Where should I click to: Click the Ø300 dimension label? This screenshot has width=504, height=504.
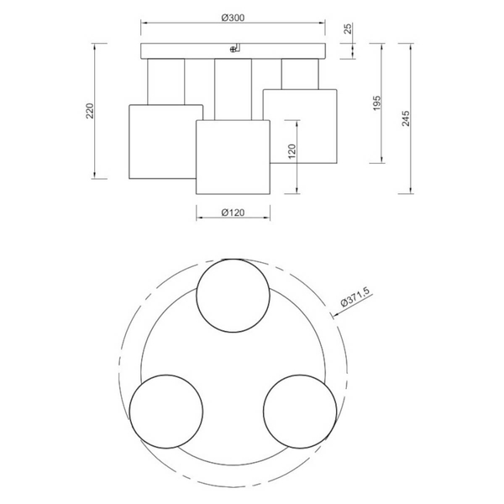click(x=233, y=18)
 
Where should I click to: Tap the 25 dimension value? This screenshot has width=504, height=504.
click(x=348, y=29)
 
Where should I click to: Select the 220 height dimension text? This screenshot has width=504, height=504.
click(x=90, y=111)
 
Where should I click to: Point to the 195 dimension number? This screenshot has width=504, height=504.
click(x=376, y=102)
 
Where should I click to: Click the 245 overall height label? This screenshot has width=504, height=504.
click(x=406, y=118)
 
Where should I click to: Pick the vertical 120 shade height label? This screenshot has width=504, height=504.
click(x=291, y=151)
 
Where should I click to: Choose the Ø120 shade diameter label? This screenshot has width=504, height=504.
click(x=233, y=213)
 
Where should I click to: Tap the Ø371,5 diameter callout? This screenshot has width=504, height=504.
click(x=355, y=297)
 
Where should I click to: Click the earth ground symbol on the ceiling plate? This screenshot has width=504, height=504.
click(x=233, y=50)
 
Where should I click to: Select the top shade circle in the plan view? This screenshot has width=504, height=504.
click(x=233, y=259)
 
